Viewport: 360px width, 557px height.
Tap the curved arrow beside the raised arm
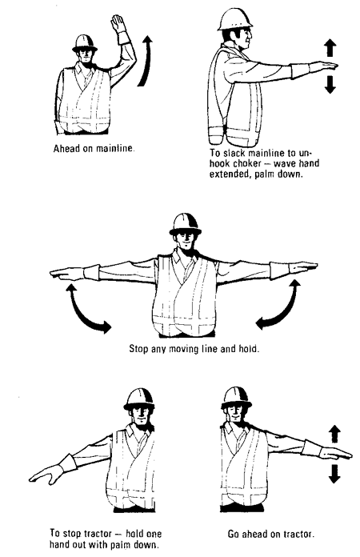click(145, 59)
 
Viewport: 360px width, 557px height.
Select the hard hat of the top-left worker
click(83, 42)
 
